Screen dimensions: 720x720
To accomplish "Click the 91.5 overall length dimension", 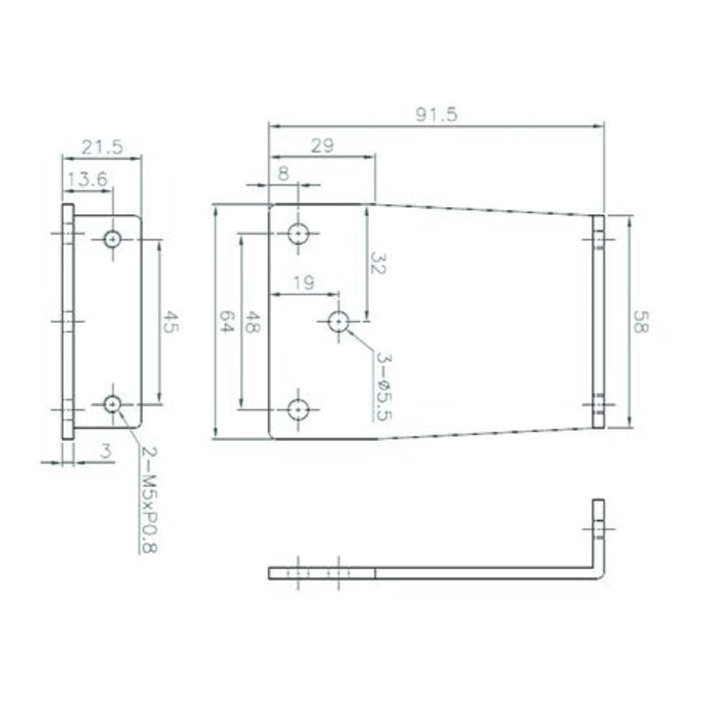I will coord(436,113).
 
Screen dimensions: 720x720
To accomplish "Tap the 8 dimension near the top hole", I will coord(284,173).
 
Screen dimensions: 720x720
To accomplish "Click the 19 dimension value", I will coord(303,283).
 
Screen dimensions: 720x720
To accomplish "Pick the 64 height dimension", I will coord(226,322).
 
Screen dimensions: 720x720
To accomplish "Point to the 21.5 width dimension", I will coord(102,146).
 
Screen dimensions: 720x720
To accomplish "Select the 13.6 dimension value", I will coord(86,179).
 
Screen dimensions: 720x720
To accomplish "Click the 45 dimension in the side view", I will coord(169,322).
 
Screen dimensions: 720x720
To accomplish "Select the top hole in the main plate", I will coord(298,234).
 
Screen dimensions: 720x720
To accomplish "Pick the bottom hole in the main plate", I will coord(298,409).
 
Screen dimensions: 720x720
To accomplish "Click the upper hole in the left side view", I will coord(112,238).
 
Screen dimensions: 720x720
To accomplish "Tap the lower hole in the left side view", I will coord(112,405).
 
